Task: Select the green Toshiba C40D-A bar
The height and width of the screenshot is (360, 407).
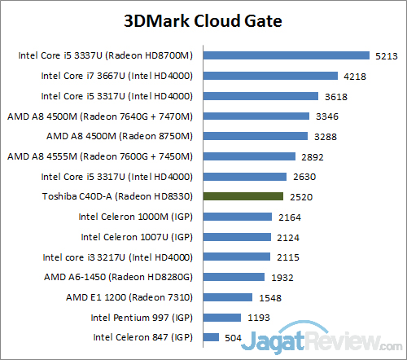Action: (243, 196)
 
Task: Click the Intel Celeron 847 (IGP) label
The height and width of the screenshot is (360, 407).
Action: (142, 336)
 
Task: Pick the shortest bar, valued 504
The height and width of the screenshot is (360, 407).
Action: (211, 336)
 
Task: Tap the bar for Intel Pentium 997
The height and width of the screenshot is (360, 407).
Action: (222, 317)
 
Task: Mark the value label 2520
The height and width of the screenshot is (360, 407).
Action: (301, 196)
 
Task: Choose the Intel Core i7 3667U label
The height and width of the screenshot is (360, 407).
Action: (116, 77)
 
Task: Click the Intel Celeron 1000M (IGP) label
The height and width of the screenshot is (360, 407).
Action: (135, 217)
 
